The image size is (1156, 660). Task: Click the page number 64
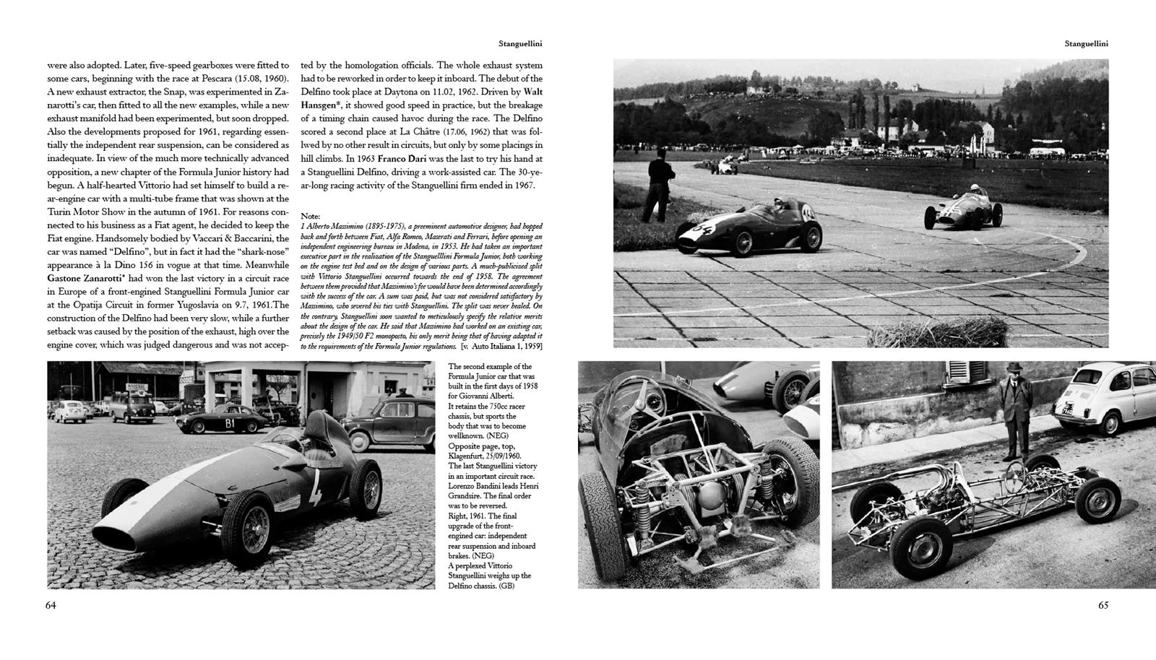click(x=51, y=605)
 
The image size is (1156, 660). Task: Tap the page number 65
click(x=1103, y=605)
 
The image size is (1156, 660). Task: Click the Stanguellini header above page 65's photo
click(x=1086, y=43)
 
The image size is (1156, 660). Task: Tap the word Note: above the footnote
click(x=310, y=216)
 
